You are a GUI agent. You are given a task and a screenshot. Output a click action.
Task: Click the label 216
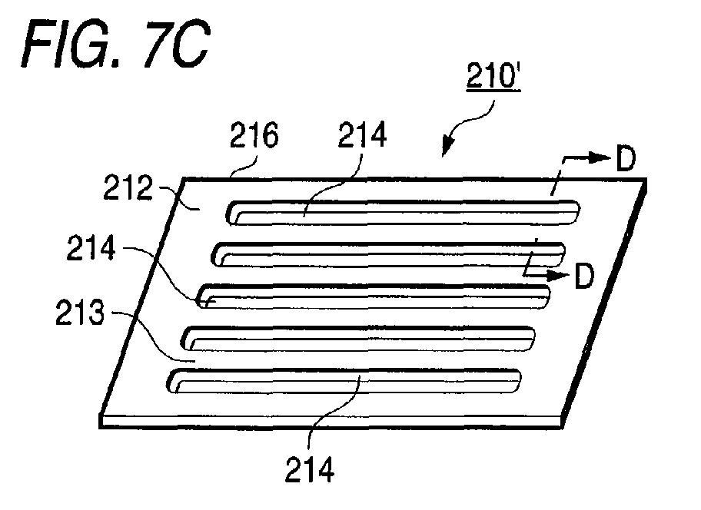point(254,140)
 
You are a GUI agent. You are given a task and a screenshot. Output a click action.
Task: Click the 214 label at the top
point(364,140)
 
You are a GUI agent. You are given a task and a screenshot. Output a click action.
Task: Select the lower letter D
point(584,277)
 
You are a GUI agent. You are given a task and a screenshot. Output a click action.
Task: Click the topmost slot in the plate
point(404,211)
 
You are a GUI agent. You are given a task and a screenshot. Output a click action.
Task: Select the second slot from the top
point(388,253)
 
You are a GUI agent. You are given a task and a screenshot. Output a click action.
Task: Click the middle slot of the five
point(374,295)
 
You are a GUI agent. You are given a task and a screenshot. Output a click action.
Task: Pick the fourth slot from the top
point(359,337)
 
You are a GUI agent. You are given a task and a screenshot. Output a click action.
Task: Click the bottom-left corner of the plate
point(102,422)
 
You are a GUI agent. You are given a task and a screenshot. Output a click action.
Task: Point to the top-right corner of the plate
point(646,181)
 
